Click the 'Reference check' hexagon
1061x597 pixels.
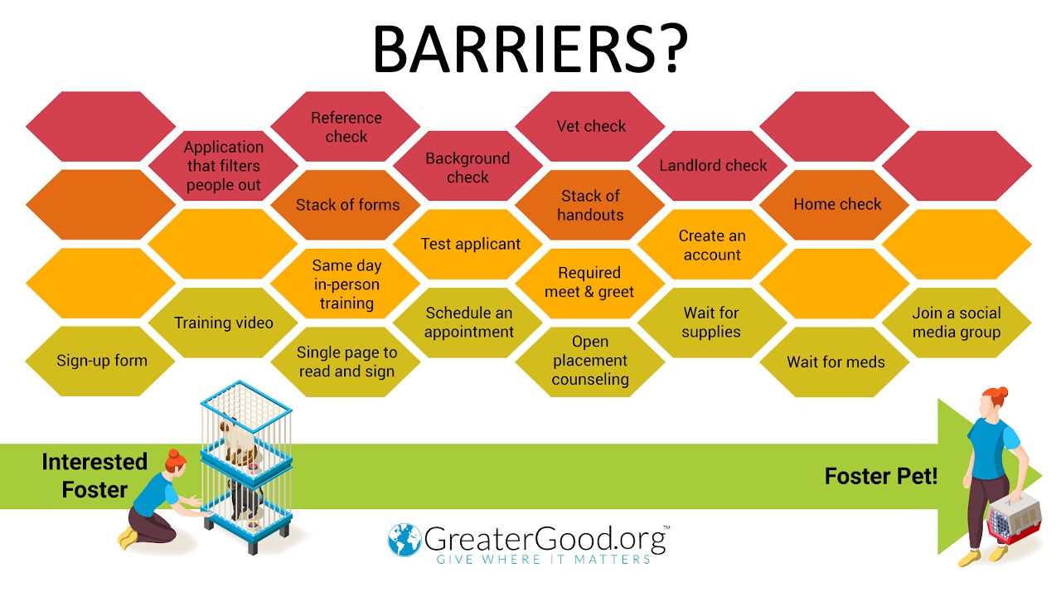pyautogui.click(x=346, y=127)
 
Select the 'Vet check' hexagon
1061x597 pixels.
pyautogui.click(x=590, y=127)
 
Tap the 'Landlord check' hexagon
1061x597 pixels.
pyautogui.click(x=712, y=165)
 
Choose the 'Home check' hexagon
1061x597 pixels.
pyautogui.click(x=835, y=205)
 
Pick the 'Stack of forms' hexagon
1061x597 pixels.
pyautogui.click(x=346, y=205)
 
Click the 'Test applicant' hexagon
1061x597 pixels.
pyautogui.click(x=468, y=244)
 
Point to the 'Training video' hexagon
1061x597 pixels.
pyautogui.click(x=223, y=323)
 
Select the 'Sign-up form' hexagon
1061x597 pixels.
pyautogui.click(x=100, y=361)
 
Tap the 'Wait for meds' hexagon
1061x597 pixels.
pyautogui.click(x=835, y=362)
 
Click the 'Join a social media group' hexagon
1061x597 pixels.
pyautogui.click(x=957, y=323)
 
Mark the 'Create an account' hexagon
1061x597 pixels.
pyautogui.click(x=712, y=244)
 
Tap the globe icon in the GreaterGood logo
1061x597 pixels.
pyautogui.click(x=404, y=540)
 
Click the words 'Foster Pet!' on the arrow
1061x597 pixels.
pyautogui.click(x=881, y=476)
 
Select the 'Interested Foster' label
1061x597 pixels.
pyautogui.click(x=94, y=476)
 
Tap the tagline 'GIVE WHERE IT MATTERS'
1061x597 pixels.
pyautogui.click(x=543, y=560)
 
